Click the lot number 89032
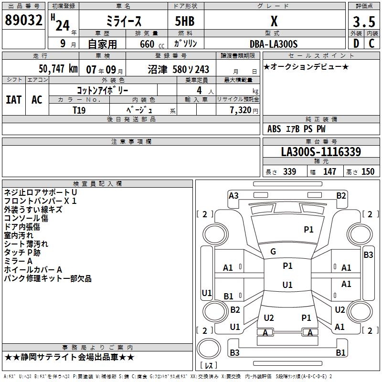coord(24,21)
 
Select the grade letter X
coord(274,21)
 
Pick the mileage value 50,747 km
coord(58,69)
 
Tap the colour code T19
coord(79,110)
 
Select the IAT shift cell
coord(13,100)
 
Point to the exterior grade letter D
coord(356,44)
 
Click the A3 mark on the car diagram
coord(233,195)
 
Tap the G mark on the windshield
coord(273,251)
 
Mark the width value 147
coord(329,171)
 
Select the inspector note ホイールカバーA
coord(33,270)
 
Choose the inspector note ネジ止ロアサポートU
coord(40,192)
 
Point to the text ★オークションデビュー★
coord(306,67)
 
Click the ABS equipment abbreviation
coord(274,129)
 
